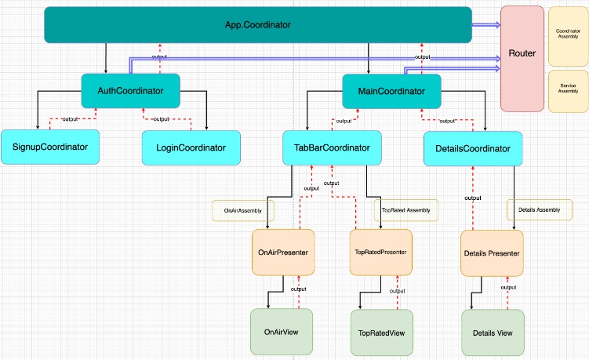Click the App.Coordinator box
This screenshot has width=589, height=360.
[x=257, y=25]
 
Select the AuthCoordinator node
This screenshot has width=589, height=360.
[x=131, y=91]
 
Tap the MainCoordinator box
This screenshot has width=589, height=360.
[x=391, y=92]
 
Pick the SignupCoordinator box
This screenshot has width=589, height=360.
[x=50, y=147]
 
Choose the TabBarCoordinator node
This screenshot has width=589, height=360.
[x=333, y=147]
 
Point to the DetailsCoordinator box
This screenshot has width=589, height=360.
[x=471, y=148]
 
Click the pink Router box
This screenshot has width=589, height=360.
[x=522, y=58]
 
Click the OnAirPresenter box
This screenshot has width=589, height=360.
[x=282, y=253]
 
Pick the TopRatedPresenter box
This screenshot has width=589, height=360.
[x=381, y=253]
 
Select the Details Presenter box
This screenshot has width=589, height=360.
[x=492, y=253]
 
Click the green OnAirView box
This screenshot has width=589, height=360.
[x=281, y=332]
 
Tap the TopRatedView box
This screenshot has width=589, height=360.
[x=381, y=333]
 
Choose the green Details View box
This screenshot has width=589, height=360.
[x=492, y=333]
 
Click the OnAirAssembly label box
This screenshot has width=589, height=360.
[x=242, y=210]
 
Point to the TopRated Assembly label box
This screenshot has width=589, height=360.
[x=405, y=210]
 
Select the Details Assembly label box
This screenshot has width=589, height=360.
[x=539, y=209]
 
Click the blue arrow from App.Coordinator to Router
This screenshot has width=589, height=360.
[x=485, y=25]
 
